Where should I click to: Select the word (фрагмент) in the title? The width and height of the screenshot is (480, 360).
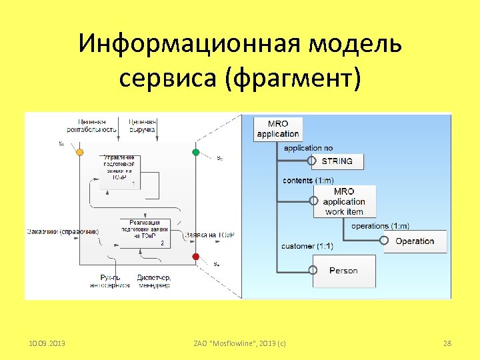[293, 79]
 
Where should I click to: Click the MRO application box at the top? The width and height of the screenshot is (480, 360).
[278, 129]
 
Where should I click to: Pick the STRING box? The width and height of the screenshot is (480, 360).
[341, 161]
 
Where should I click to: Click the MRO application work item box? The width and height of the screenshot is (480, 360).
[344, 201]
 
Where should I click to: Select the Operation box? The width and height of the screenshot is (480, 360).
[414, 241]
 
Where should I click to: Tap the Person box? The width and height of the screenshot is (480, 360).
[343, 271]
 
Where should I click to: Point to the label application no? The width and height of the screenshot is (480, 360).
[308, 147]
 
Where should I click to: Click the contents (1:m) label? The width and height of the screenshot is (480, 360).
[307, 180]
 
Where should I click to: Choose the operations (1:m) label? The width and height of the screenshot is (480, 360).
[380, 226]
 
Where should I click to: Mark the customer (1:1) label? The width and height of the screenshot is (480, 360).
[307, 246]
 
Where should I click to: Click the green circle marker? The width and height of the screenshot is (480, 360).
[196, 152]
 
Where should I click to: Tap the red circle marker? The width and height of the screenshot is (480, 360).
[196, 257]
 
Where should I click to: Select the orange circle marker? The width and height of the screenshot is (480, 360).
[80, 152]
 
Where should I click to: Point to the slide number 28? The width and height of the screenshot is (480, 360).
[447, 343]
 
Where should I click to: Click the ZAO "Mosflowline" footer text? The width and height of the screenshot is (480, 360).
[239, 343]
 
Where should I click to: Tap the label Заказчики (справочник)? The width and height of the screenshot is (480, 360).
[63, 232]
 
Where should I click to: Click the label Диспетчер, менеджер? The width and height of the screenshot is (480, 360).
[154, 281]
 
